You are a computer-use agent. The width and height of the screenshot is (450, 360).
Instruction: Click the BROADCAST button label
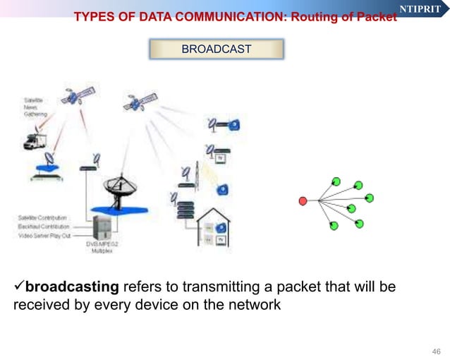coord(216,49)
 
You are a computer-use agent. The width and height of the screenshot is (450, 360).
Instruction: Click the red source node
coord(303,201)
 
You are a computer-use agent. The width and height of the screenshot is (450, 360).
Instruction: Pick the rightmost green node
coord(369,197)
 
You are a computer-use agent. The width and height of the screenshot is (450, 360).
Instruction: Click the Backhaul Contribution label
coord(44,227)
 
